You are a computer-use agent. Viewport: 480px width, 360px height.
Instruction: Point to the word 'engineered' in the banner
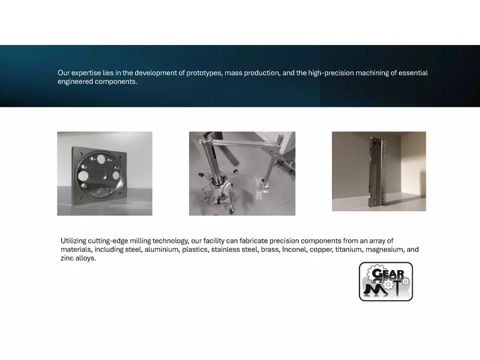coord(75,82)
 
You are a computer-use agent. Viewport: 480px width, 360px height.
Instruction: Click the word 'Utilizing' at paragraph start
coord(75,241)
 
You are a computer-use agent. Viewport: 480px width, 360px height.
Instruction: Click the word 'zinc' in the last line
coord(67,259)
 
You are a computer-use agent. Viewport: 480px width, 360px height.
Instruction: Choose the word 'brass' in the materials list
coord(269,250)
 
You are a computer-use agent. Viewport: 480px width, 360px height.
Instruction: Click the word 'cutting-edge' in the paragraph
coord(112,241)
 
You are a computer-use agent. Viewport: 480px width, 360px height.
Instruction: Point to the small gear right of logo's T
coord(406,281)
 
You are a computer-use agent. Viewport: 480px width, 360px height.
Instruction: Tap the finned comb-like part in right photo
coord(376,171)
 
